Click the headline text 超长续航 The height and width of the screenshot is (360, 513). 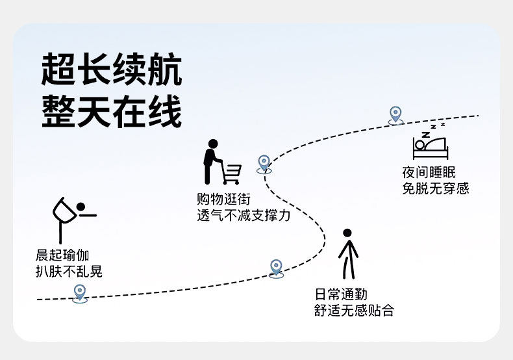tap(111, 70)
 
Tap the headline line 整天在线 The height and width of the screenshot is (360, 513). tap(111, 112)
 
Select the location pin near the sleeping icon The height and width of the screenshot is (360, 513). tap(395, 115)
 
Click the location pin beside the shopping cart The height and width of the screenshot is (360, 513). tap(264, 163)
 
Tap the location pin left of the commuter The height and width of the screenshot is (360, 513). tap(277, 267)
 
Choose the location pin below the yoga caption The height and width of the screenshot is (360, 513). tap(79, 292)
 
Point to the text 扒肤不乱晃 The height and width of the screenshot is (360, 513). tap(69, 272)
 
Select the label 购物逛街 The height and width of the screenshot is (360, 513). tap(223, 199)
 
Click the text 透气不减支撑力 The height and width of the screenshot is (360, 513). tap(244, 215)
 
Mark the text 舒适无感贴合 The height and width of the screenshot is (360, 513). tap(353, 311)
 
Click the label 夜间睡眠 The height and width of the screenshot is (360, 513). tap(429, 173)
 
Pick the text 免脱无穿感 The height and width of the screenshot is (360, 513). tap(435, 189)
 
